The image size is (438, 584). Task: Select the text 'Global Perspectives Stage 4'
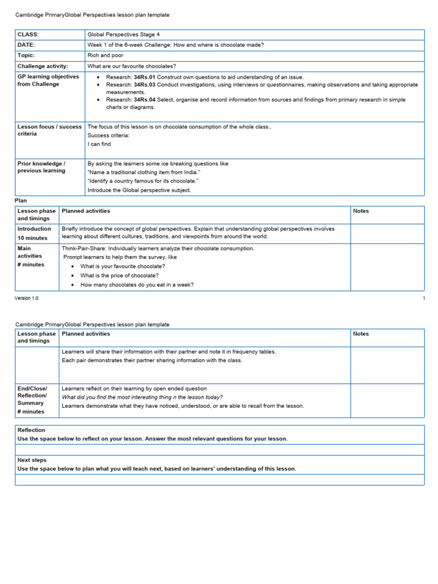coord(124,35)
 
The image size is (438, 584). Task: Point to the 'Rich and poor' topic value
coord(105,55)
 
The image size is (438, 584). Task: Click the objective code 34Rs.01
coord(144,77)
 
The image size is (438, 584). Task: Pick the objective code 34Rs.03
coord(144,84)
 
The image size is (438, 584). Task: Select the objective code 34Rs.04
coord(144,99)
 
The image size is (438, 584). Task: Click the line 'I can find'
coord(99,144)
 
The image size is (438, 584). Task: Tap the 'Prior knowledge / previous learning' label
coord(42,167)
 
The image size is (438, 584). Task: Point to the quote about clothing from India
coord(144,172)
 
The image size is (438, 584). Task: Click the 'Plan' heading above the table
coord(21,201)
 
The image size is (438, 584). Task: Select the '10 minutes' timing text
coord(33,238)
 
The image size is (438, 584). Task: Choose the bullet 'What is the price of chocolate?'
coord(119,275)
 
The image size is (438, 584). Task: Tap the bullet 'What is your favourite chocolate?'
coord(123,266)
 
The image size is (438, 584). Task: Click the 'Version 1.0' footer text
coord(27,298)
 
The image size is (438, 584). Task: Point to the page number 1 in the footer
coord(423,298)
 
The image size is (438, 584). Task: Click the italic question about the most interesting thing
coord(142,397)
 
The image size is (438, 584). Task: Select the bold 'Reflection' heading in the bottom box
coord(31,430)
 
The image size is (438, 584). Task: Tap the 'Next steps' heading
coord(32,460)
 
